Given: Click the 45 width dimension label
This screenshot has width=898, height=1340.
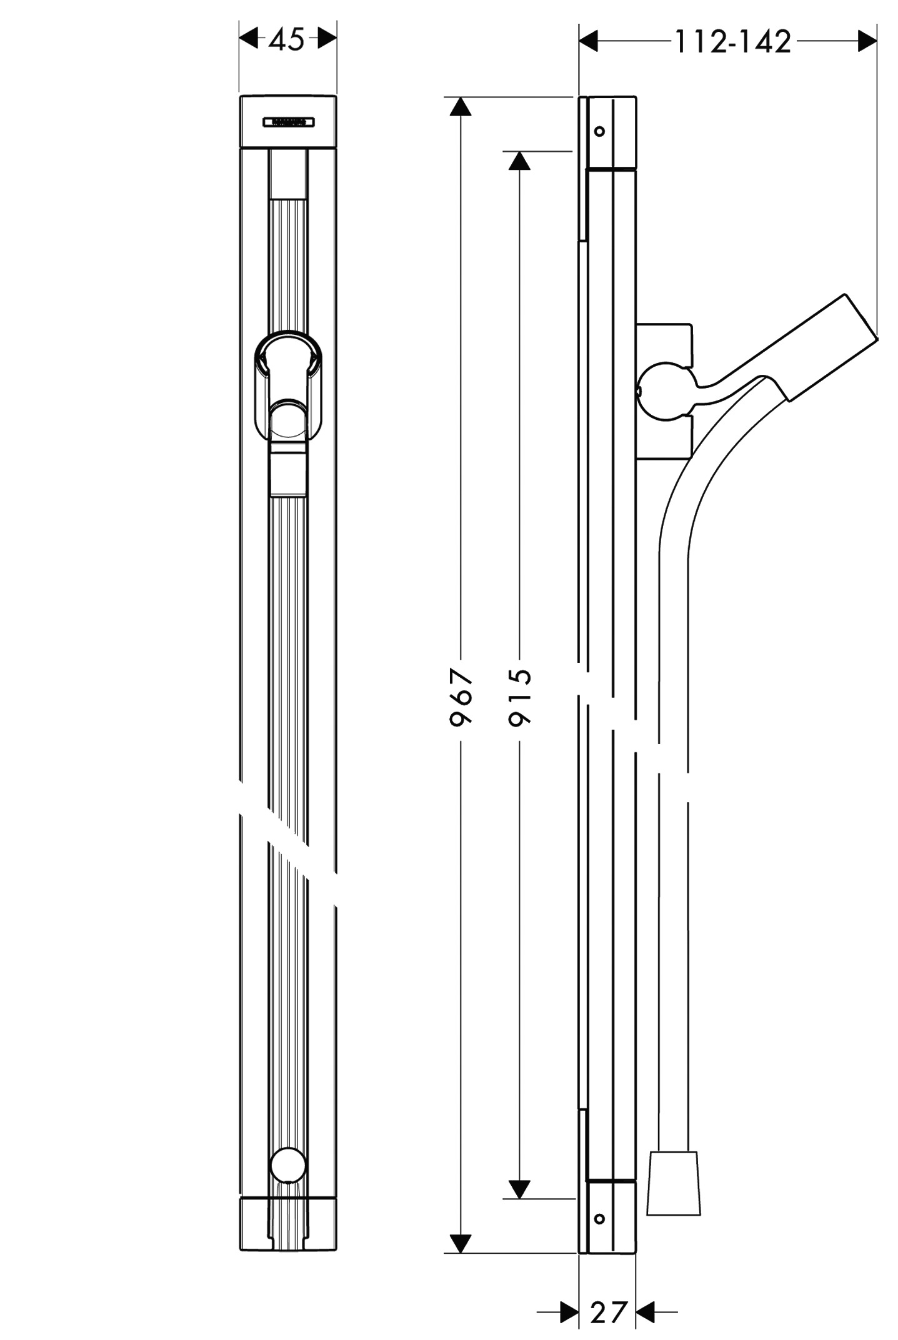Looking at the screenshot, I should tap(287, 41).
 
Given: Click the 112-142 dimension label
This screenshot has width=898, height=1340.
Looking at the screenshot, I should tap(732, 42).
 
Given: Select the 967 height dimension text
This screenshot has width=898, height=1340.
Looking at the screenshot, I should tap(461, 697).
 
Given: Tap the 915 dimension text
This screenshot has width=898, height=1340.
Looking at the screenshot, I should tap(520, 697).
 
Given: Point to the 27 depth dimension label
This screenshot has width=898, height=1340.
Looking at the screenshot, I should tap(607, 1313).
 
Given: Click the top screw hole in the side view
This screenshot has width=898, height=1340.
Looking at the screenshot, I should tap(599, 131).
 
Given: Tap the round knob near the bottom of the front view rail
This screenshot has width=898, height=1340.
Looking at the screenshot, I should tap(287, 1165).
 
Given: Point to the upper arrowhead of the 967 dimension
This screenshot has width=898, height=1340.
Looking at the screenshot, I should tap(461, 107).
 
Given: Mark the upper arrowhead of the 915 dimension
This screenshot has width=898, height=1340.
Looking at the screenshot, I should tap(519, 161).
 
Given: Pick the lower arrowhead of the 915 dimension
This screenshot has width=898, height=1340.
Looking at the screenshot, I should tap(519, 1189).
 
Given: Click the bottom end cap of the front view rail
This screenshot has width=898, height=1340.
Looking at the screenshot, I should tap(288, 1224).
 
